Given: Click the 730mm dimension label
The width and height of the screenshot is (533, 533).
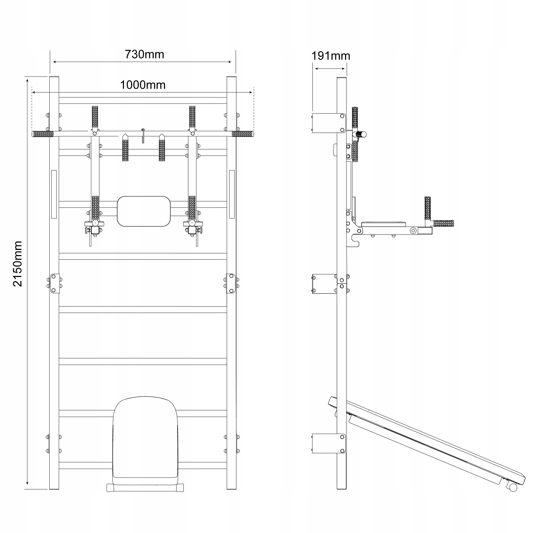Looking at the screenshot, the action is tap(144, 54).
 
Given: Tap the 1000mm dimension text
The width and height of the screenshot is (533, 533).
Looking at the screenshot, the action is tap(143, 85).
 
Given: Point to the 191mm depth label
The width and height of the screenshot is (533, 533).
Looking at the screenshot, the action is tap(330, 56).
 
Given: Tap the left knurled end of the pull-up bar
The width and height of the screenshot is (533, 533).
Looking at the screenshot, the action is tap(43, 134).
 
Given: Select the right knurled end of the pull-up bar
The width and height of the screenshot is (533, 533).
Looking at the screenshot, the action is tap(243, 134).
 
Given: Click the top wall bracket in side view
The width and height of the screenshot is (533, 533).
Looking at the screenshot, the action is tap(325, 123).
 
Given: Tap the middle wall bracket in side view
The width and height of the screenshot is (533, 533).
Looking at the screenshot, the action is tap(324, 284).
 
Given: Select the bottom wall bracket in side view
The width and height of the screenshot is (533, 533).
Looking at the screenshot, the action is tap(325, 443).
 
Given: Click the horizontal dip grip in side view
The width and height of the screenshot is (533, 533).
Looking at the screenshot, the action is tap(443, 223).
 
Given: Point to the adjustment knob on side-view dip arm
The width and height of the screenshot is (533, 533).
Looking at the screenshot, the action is tap(413, 230).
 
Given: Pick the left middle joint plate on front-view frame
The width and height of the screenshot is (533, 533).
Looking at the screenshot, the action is tap(55, 284).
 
